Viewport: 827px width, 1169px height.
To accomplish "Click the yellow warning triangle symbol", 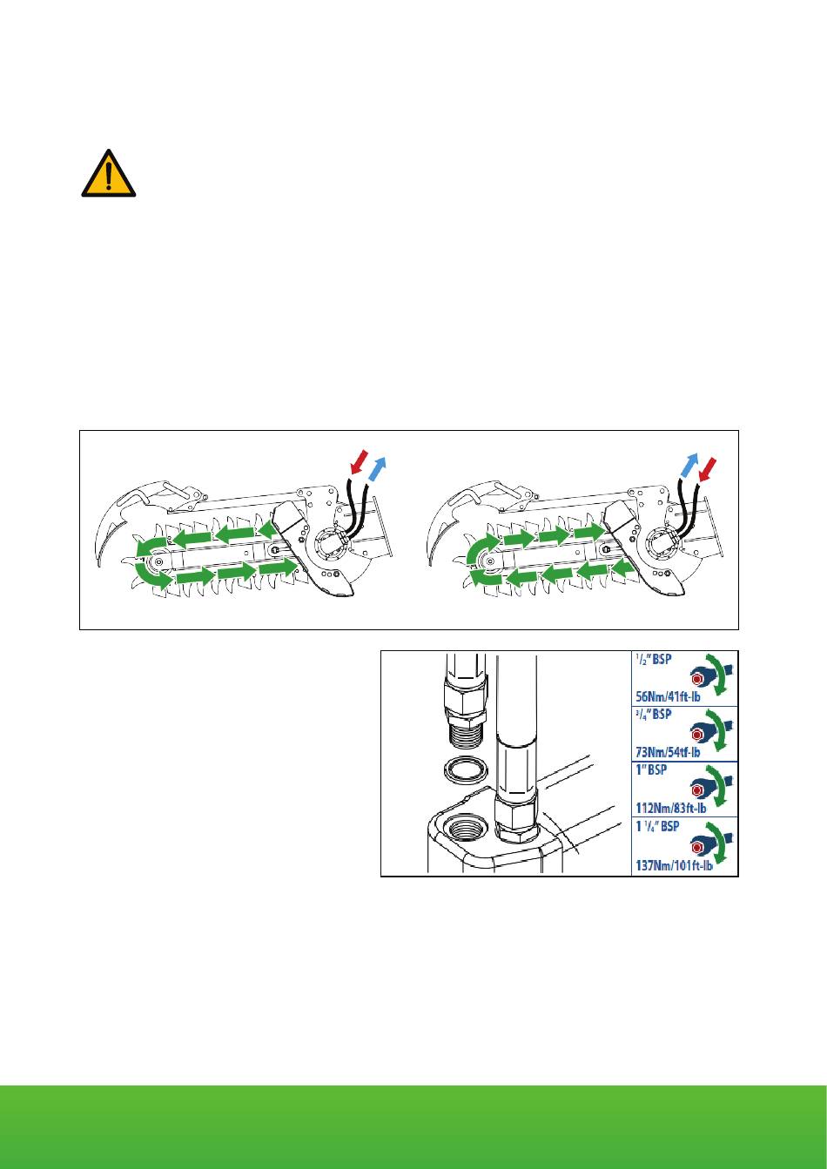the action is [x=109, y=175].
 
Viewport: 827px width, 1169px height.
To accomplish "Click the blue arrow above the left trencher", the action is [x=378, y=468].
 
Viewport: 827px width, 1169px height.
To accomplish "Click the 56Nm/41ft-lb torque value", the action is [x=668, y=696].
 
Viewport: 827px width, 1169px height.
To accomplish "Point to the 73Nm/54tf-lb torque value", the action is [x=668, y=752].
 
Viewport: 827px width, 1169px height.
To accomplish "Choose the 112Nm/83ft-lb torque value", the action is [x=670, y=808].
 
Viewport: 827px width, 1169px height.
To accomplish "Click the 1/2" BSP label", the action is [x=653, y=660].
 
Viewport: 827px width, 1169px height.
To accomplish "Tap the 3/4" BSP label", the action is [x=653, y=714].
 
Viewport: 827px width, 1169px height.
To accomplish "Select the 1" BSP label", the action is [x=650, y=769].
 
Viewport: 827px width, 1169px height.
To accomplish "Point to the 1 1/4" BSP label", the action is [x=657, y=826].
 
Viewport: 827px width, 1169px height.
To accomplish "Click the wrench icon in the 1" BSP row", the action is [x=712, y=789].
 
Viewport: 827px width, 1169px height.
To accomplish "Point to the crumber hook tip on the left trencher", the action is [x=97, y=565].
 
